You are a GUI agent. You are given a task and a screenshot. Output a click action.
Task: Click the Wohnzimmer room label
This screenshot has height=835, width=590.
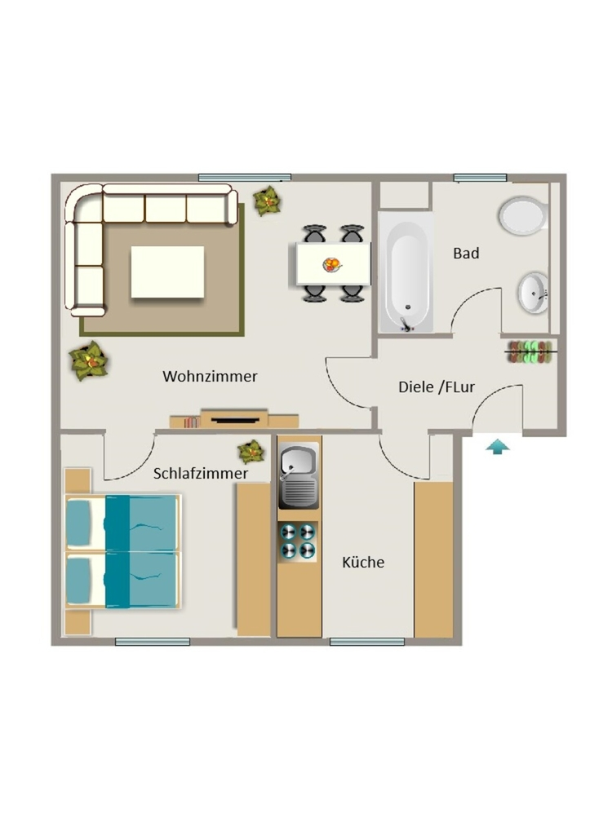(x=210, y=377)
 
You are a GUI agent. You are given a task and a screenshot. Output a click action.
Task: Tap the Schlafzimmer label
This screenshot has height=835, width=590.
(x=201, y=474)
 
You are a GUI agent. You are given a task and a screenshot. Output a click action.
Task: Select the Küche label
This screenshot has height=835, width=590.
(x=363, y=562)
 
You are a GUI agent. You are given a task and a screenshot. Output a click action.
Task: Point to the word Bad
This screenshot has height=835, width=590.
(x=466, y=253)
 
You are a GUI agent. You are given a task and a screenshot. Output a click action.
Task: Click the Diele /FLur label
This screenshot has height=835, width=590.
(x=437, y=387)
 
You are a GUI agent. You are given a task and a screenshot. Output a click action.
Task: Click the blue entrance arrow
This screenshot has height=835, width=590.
(x=497, y=446)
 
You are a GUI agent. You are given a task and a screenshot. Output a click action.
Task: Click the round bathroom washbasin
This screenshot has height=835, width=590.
(x=533, y=293)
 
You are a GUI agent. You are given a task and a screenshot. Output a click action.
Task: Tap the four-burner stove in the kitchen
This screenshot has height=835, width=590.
(x=299, y=541)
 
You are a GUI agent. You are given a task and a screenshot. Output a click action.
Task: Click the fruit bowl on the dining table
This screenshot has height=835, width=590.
(x=331, y=265)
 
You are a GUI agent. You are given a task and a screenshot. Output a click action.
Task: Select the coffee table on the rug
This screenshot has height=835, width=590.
(x=167, y=272)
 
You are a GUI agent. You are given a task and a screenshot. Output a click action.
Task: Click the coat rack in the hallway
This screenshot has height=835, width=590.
(x=532, y=352)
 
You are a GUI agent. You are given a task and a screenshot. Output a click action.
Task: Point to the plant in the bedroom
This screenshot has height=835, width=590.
(x=251, y=452)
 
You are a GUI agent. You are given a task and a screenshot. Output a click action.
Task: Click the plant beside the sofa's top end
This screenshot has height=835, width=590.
(x=267, y=201)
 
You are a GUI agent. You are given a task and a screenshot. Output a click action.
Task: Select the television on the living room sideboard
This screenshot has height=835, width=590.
(x=235, y=420)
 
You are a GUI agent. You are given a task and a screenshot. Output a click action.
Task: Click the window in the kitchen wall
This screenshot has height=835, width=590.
(x=366, y=642)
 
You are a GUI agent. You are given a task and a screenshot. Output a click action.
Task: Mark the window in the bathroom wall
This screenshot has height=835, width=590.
(x=480, y=178)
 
